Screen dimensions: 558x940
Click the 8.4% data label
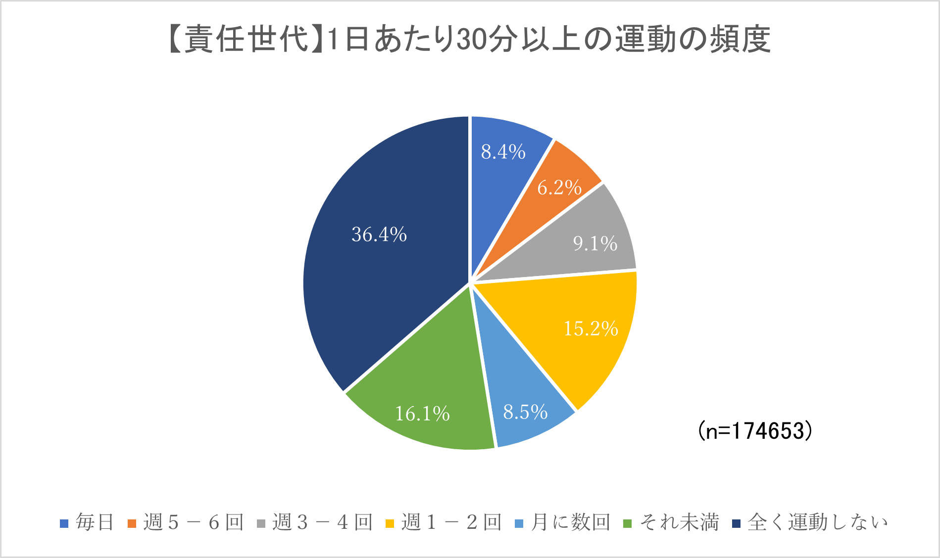coord(503,152)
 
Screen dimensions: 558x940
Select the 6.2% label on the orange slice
coord(559,187)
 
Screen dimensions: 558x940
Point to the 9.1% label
coord(595,243)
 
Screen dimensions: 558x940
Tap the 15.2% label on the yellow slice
coord(591,328)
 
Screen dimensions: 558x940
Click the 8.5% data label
coord(525,412)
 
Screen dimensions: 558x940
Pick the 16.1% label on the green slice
coord(422,414)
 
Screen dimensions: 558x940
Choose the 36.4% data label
coord(379,234)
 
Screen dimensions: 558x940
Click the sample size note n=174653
coord(755,431)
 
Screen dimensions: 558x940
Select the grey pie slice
coord(584,237)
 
